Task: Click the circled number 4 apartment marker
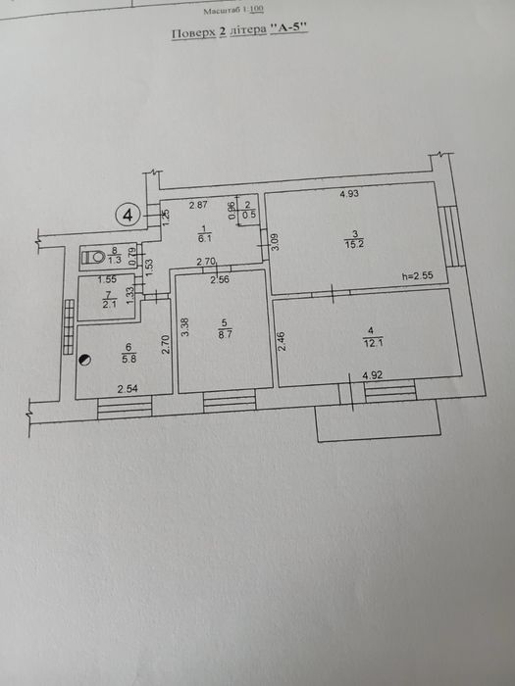pos(128,216)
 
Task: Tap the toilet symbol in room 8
pos(93,257)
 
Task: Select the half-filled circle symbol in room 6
pos(84,360)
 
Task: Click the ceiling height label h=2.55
pos(417,275)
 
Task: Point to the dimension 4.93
pos(349,193)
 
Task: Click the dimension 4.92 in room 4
pos(372,375)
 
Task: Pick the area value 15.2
pos(354,244)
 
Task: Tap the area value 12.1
pos(373,343)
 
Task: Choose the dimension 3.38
pos(184,326)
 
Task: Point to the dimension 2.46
pos(282,342)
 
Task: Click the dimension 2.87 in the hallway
pos(198,204)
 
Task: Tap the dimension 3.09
pos(276,241)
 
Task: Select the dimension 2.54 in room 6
pos(128,388)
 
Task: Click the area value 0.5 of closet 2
pos(249,215)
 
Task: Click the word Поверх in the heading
pos(193,33)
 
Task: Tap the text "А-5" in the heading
pos(289,28)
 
